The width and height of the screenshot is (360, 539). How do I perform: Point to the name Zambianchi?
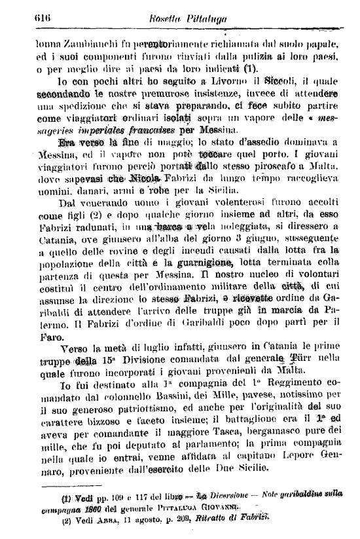tap(91, 43)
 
